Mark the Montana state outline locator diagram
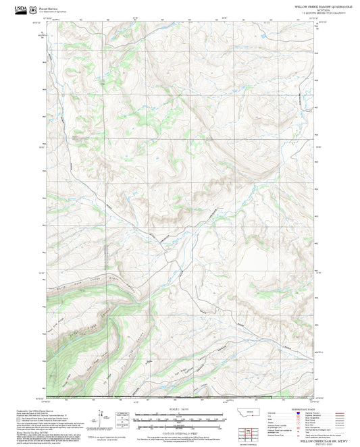pyautogui.click(x=253, y=412)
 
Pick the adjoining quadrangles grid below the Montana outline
pyautogui.click(x=253, y=432)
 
